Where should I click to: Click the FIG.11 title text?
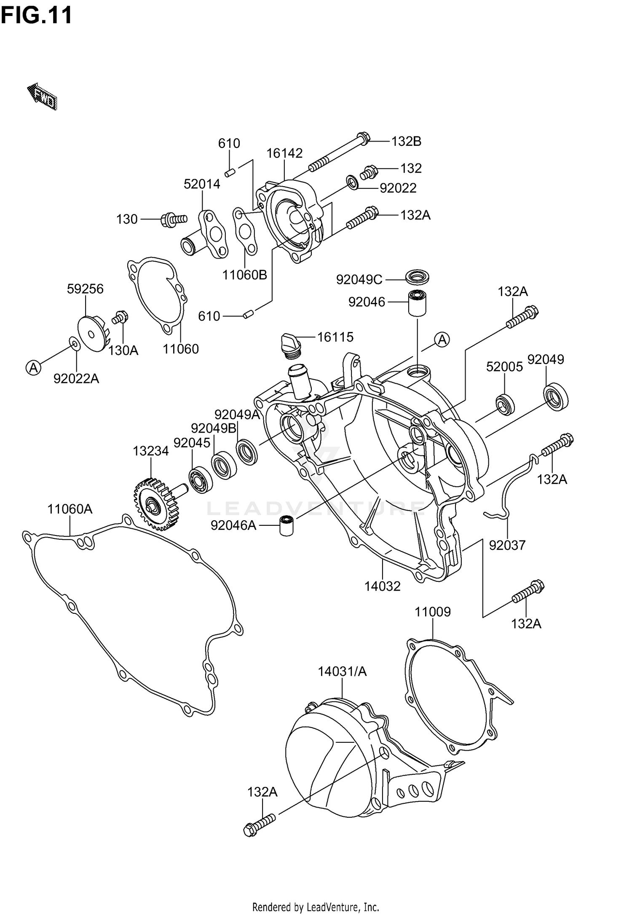pyautogui.click(x=36, y=16)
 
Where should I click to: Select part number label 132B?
pyautogui.click(x=406, y=141)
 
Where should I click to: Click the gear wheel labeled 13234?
pyautogui.click(x=154, y=503)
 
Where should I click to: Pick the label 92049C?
pyautogui.click(x=359, y=279)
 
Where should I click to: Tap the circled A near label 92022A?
pyautogui.click(x=33, y=368)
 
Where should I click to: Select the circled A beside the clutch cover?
pyautogui.click(x=442, y=339)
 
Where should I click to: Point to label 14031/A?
pyautogui.click(x=342, y=671)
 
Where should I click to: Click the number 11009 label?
pyautogui.click(x=433, y=611)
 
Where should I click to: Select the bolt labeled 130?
pyautogui.click(x=173, y=219)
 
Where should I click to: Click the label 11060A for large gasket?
pyautogui.click(x=70, y=509)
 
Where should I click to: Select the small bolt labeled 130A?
pyautogui.click(x=121, y=316)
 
